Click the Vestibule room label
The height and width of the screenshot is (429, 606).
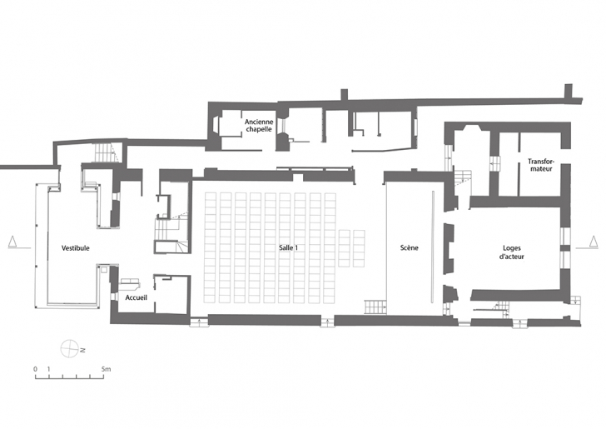tap(76, 248)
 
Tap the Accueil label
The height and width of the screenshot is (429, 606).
tap(136, 298)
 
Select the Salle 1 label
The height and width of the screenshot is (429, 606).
tap(288, 248)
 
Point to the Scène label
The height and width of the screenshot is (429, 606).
tap(410, 247)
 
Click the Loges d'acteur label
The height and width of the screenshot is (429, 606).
tap(512, 252)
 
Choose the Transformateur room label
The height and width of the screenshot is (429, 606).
tap(541, 165)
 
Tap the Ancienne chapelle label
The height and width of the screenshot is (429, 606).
tap(259, 125)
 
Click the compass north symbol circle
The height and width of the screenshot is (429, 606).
tap(70, 348)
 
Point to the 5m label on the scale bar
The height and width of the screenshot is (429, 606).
tap(106, 369)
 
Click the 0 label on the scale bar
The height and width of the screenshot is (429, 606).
tap(35, 369)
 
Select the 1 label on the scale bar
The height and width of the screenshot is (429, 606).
tap(48, 369)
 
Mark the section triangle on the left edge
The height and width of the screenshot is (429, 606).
tap(12, 241)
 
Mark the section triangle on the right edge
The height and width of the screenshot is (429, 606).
tap(593, 241)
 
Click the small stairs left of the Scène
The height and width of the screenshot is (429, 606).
tap(375, 307)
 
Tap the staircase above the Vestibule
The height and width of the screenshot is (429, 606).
tap(104, 152)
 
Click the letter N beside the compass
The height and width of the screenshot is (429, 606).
tap(82, 351)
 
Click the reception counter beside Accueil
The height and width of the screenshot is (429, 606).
tap(130, 284)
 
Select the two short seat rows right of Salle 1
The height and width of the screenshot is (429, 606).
tap(351, 248)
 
